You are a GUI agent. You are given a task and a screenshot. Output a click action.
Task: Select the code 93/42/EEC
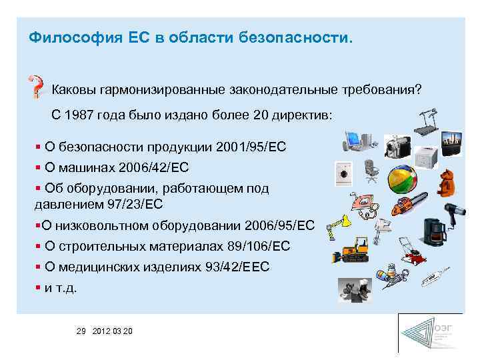238,268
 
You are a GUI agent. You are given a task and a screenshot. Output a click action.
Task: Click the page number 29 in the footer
82,331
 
